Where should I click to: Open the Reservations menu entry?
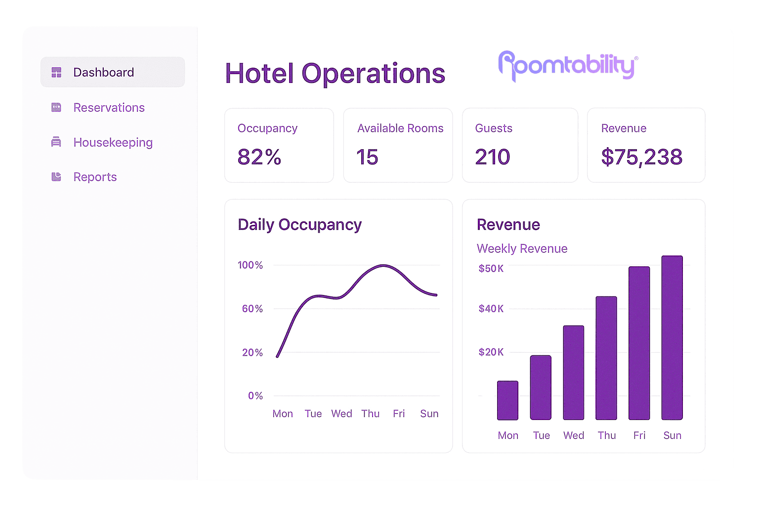pyautogui.click(x=109, y=108)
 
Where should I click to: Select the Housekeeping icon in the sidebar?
pyautogui.click(x=56, y=142)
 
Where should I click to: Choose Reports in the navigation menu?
pyautogui.click(x=95, y=177)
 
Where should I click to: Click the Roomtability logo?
pyautogui.click(x=568, y=66)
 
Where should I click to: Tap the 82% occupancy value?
pyautogui.click(x=259, y=157)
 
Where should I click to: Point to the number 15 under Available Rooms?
pyautogui.click(x=367, y=157)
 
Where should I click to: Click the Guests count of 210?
pyautogui.click(x=492, y=157)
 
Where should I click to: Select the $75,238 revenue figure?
pyautogui.click(x=641, y=157)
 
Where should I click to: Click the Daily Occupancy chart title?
pyautogui.click(x=299, y=225)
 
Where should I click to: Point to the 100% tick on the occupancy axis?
pyautogui.click(x=250, y=265)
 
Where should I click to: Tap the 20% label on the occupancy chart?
pyautogui.click(x=252, y=352)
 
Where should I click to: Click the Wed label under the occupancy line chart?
pyautogui.click(x=341, y=414)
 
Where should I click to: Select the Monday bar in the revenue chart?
pyautogui.click(x=507, y=400)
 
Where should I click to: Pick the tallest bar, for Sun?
pyautogui.click(x=672, y=337)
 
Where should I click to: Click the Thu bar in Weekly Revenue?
pyautogui.click(x=606, y=358)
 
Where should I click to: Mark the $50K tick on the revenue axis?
pyautogui.click(x=491, y=268)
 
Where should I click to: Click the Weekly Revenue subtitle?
pyautogui.click(x=522, y=249)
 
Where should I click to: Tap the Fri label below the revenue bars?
pyautogui.click(x=639, y=435)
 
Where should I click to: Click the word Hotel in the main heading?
pyautogui.click(x=259, y=74)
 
